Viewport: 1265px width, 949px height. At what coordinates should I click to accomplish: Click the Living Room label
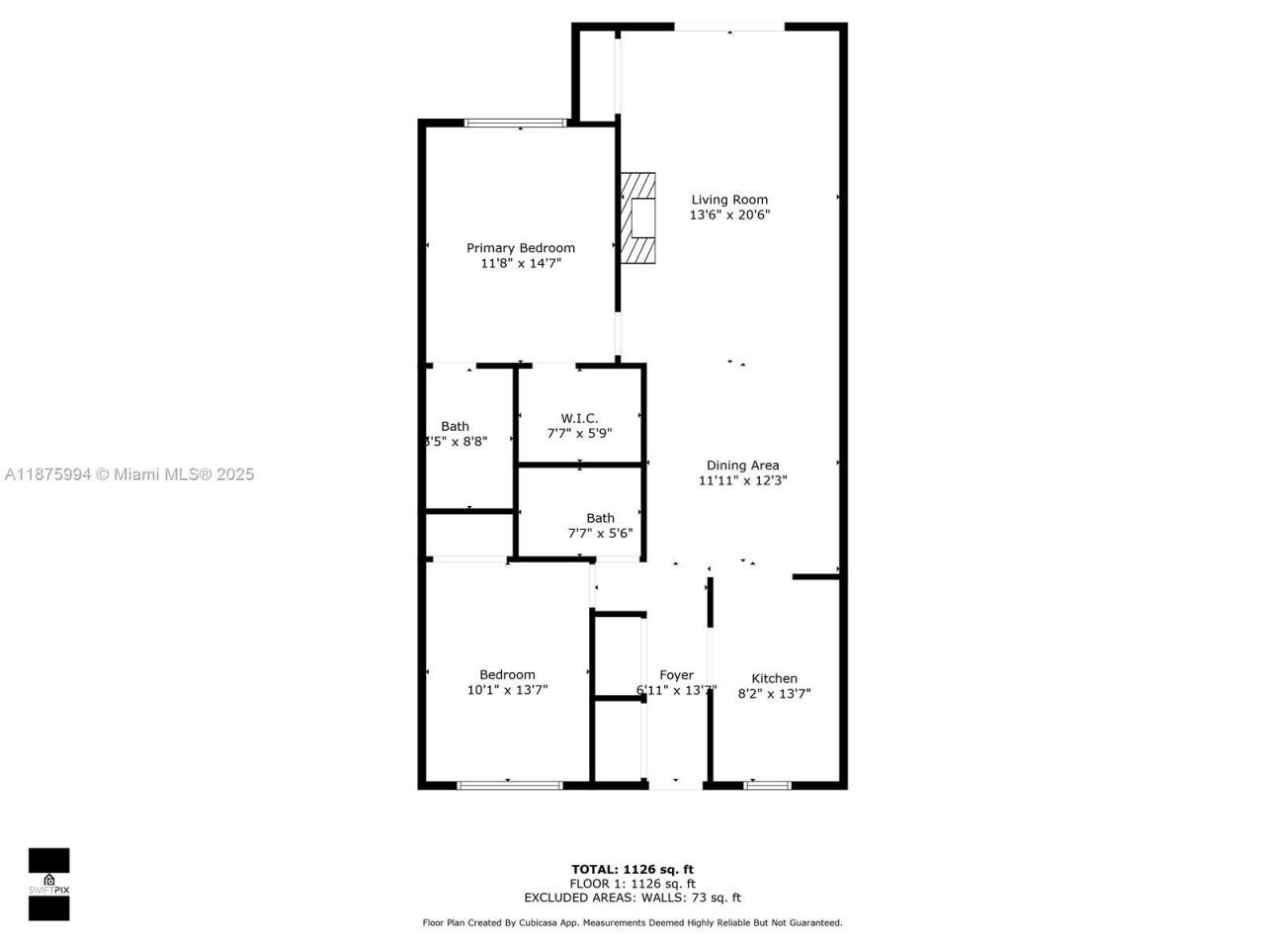tap(728, 200)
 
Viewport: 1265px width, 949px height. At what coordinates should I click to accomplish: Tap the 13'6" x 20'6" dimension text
tap(728, 215)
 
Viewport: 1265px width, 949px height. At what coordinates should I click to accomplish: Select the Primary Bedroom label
tap(520, 248)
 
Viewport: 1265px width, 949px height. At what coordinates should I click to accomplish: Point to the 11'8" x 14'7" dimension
tap(520, 264)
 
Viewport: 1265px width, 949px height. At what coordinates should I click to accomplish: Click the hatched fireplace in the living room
tap(637, 218)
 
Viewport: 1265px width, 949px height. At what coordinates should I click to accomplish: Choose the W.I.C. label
tap(579, 418)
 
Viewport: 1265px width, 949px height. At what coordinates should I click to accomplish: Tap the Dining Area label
tap(742, 466)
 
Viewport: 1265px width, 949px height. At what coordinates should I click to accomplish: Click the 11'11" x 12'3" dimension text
tap(742, 481)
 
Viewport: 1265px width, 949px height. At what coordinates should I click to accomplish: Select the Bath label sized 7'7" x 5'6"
tap(600, 518)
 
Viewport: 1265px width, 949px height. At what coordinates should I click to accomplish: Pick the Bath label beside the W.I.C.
tap(455, 427)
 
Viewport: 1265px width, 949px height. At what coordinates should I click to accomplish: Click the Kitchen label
tap(774, 678)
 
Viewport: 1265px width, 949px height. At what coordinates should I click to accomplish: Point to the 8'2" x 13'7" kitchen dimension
tap(774, 694)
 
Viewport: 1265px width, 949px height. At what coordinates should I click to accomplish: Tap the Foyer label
tap(676, 675)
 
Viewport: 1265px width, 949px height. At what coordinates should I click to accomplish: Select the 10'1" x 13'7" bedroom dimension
tap(507, 690)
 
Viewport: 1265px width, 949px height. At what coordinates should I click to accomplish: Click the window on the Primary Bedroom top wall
tap(515, 124)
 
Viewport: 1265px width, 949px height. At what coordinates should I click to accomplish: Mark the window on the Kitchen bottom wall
tap(767, 785)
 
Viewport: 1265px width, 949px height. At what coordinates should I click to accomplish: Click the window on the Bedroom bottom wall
tap(509, 785)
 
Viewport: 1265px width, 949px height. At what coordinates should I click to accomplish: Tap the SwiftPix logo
tap(48, 883)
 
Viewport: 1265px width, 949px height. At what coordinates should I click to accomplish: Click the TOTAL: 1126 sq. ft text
tap(632, 870)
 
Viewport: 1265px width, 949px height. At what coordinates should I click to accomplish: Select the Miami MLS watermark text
tap(129, 474)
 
